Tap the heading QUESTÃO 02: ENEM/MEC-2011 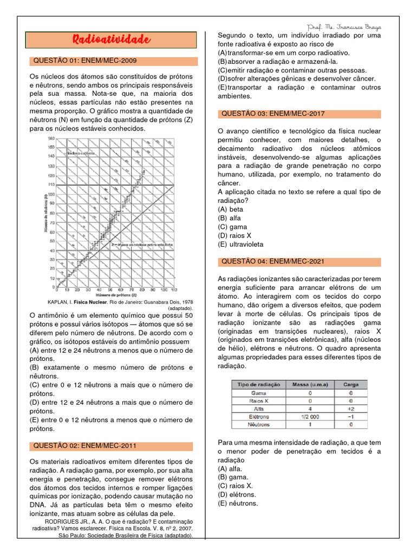tap(85, 446)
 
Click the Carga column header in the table tap(351, 384)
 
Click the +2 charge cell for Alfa tap(350, 409)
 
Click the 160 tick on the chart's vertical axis tap(51, 139)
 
